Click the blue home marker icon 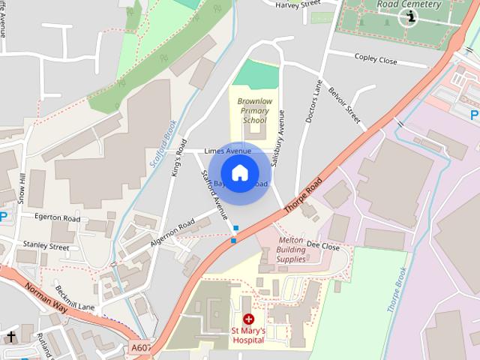pyautogui.click(x=239, y=173)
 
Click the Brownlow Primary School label pyautogui.click(x=252, y=110)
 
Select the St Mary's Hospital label pyautogui.click(x=247, y=334)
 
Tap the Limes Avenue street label pyautogui.click(x=227, y=151)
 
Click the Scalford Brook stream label pyautogui.click(x=160, y=139)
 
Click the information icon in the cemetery pyautogui.click(x=409, y=16)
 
